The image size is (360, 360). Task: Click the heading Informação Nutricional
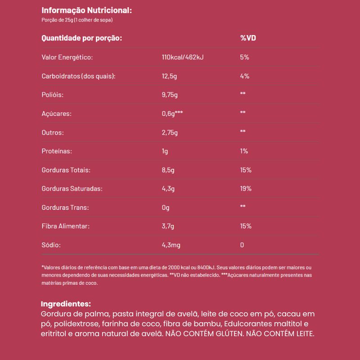coord(87,10)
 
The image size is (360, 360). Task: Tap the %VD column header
coord(248,38)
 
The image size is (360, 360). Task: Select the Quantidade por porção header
coord(82,38)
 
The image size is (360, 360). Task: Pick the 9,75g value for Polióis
coord(170,95)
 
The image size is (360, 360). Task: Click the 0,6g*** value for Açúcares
coord(172,113)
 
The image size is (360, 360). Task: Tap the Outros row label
coord(52,133)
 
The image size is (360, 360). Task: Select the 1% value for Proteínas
coord(244,151)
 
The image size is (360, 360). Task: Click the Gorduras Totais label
coord(66,170)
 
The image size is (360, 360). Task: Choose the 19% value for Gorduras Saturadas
coord(246,189)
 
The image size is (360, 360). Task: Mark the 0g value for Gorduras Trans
coord(166,207)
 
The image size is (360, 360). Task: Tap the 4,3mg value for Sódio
coord(171,245)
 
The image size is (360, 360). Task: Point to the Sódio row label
coord(50,245)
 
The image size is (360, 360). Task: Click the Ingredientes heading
coord(66,304)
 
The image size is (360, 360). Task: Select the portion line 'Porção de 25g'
coord(76,20)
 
